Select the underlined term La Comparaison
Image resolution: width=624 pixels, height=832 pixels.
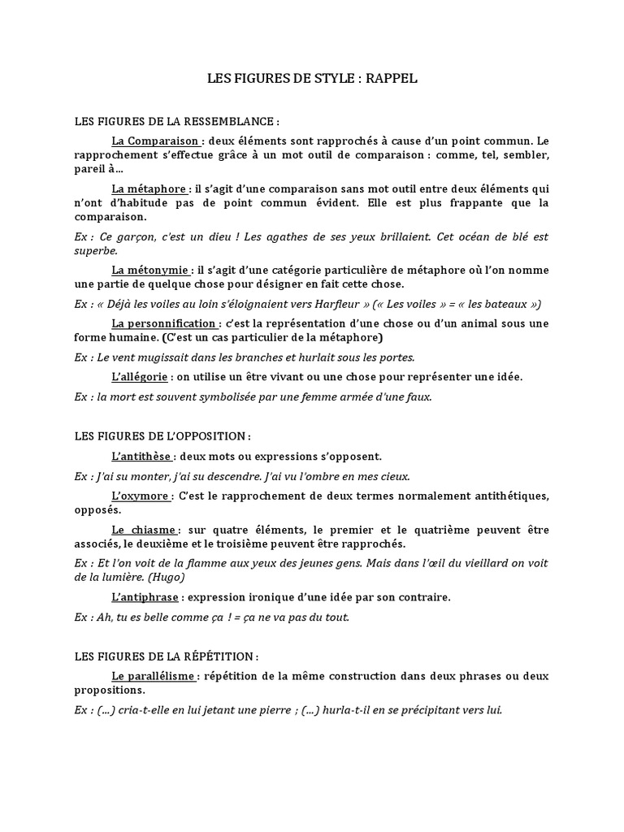pyautogui.click(x=157, y=140)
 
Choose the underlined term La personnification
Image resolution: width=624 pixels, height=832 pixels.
pyautogui.click(x=165, y=323)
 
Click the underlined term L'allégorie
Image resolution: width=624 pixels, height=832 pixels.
pyautogui.click(x=140, y=377)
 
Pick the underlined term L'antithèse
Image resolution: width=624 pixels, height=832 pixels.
pyautogui.click(x=142, y=457)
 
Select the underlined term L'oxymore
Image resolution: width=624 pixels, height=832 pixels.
pyautogui.click(x=141, y=496)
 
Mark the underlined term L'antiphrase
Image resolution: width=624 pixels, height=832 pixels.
pyautogui.click(x=145, y=597)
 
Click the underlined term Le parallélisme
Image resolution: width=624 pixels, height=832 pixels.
pyautogui.click(x=154, y=676)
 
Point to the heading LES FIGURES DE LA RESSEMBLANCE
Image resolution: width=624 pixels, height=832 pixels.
pyautogui.click(x=176, y=122)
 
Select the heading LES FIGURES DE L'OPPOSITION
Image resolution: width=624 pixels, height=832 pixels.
pyautogui.click(x=162, y=437)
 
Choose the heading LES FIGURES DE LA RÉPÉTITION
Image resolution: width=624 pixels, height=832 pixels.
pyautogui.click(x=166, y=656)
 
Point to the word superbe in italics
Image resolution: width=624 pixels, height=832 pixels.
pyautogui.click(x=96, y=250)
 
